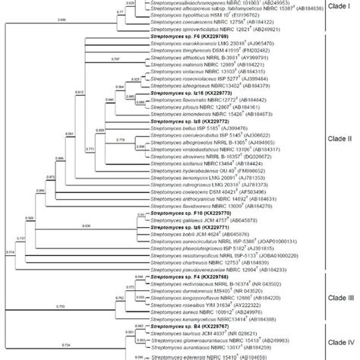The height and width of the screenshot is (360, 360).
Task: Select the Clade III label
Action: pos(339,297)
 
